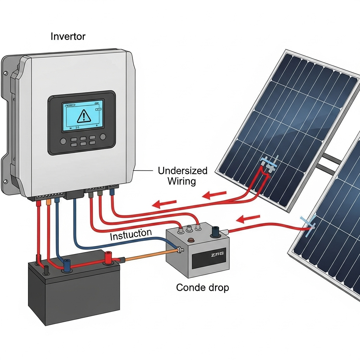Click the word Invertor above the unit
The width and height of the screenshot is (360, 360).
pos(68,36)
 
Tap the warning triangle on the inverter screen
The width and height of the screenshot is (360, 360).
pos(83,116)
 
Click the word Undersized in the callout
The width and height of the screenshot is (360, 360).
pos(182,171)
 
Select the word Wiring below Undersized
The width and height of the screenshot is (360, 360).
pos(181,181)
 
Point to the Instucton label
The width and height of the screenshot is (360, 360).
pos(131,234)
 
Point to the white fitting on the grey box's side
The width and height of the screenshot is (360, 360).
pos(180,250)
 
